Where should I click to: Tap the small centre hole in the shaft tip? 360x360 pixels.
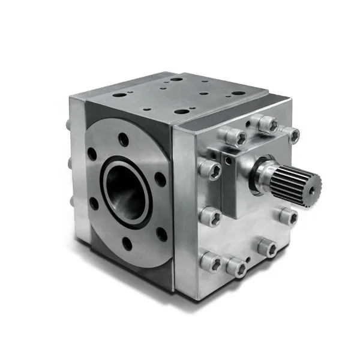(x=313, y=184)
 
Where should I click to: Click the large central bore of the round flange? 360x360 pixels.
(x=127, y=191)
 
